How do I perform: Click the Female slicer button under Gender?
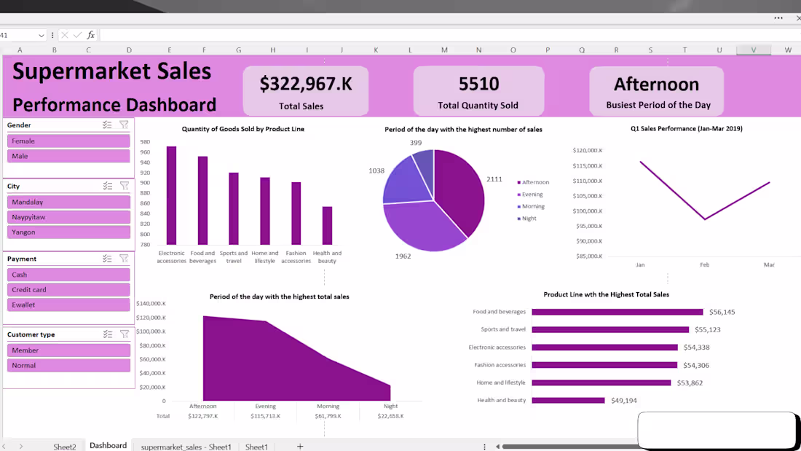68,141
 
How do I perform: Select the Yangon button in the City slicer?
68,232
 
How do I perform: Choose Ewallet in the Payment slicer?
68,305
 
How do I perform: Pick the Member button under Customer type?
68,350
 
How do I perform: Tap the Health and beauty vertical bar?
327,226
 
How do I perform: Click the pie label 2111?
494,179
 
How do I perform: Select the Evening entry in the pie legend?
533,195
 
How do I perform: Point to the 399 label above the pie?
416,143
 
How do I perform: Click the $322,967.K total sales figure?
306,84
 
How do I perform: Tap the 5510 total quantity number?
478,84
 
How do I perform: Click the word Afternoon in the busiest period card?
656,85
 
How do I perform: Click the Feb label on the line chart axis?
704,264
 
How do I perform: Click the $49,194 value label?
623,400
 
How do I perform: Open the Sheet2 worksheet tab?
65,447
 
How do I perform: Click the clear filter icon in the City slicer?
125,186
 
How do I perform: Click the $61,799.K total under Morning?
328,416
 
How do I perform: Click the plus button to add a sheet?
299,447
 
